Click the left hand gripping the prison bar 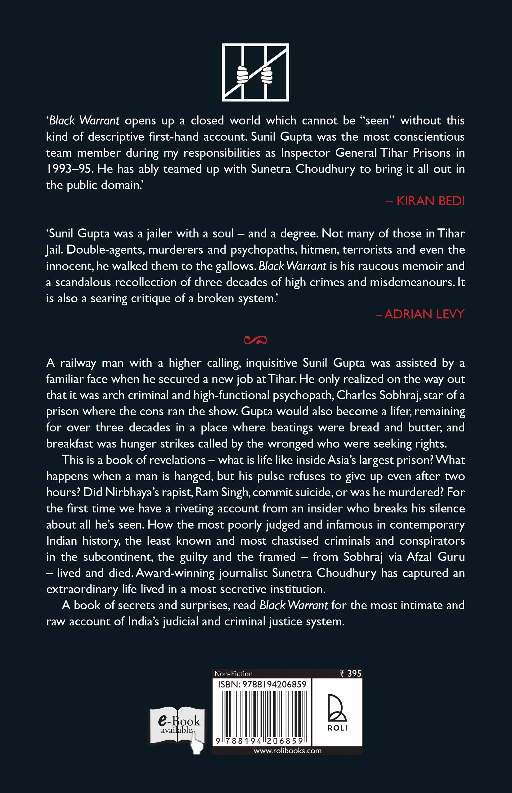click(x=242, y=75)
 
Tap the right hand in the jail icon click(x=267, y=75)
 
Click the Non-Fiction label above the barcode click(x=233, y=674)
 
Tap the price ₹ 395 click(x=350, y=674)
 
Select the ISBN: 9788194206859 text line click(x=262, y=684)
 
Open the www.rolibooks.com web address click(x=287, y=751)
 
